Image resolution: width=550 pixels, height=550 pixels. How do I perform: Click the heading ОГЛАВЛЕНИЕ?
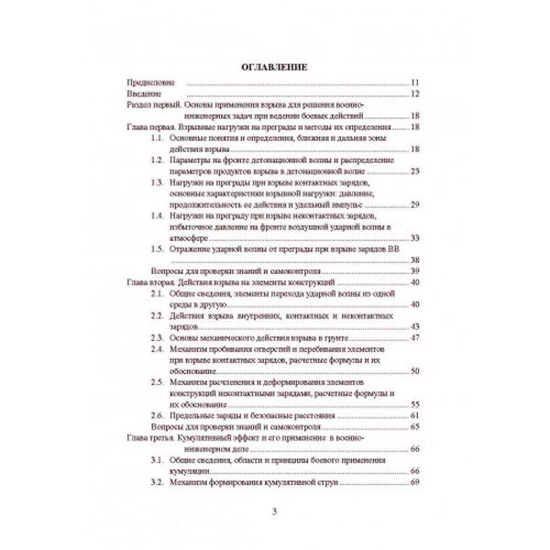click(x=274, y=67)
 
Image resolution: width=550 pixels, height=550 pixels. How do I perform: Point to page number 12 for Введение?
click(x=414, y=94)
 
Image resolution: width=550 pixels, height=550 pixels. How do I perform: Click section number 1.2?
click(x=158, y=160)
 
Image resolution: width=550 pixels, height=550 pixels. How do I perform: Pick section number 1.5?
click(x=158, y=248)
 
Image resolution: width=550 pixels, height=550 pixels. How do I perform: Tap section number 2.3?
click(x=158, y=337)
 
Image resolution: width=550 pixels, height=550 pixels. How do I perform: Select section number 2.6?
click(x=158, y=414)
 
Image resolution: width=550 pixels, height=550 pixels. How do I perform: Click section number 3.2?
click(x=158, y=480)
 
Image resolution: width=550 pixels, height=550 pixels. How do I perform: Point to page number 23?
click(x=414, y=171)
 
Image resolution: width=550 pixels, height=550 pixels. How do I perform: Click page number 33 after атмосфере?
click(x=414, y=237)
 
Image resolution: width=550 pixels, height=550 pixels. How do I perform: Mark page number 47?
click(x=414, y=337)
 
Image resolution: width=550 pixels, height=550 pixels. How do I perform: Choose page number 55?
click(x=414, y=403)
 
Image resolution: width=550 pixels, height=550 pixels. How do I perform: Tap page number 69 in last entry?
click(x=414, y=480)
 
